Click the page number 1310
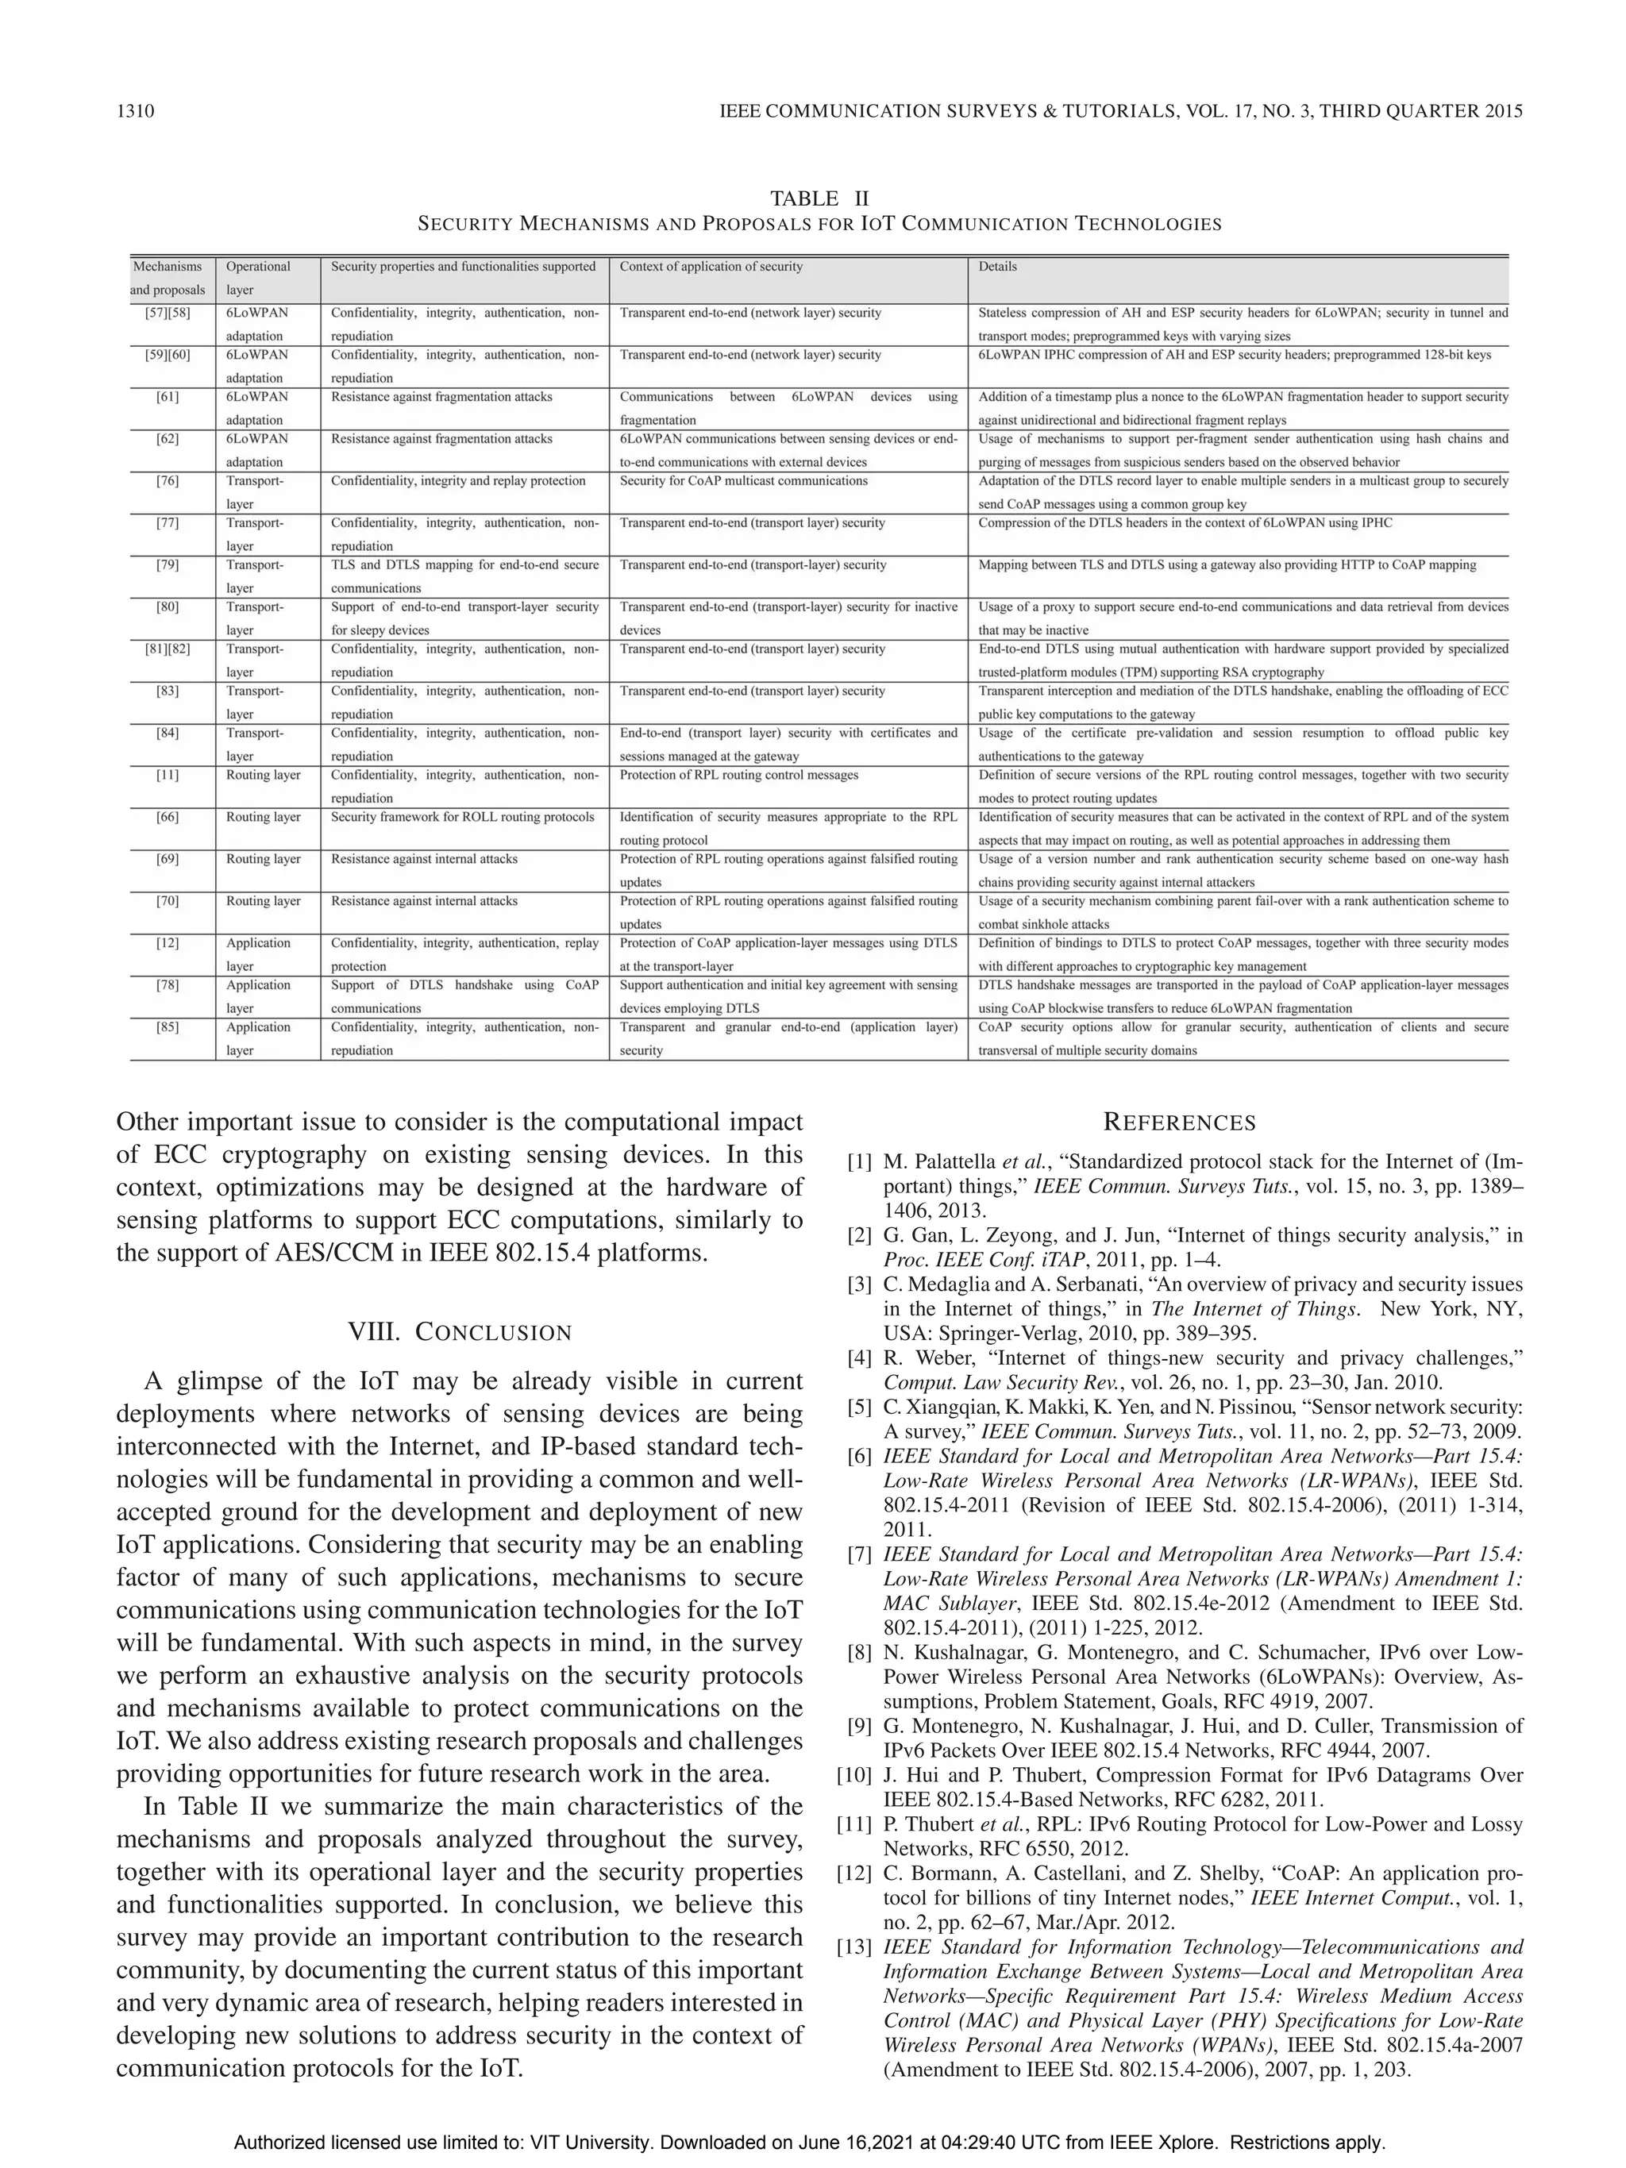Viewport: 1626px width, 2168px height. click(135, 111)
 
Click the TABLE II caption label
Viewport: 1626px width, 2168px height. click(819, 199)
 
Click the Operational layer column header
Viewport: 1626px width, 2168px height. click(258, 277)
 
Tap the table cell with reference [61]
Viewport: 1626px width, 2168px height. click(168, 397)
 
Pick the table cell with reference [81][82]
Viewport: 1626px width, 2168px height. click(168, 649)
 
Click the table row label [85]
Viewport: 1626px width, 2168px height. click(168, 1027)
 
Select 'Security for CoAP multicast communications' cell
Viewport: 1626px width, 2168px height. click(743, 481)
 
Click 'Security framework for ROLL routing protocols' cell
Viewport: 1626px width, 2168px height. click(463, 818)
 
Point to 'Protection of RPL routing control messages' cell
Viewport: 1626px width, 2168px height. click(738, 776)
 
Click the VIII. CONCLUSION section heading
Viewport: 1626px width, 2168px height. click(460, 1332)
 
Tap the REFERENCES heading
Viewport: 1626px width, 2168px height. click(1179, 1123)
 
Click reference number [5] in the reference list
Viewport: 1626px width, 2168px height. click(860, 1407)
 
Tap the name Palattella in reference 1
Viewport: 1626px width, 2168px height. click(950, 1162)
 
